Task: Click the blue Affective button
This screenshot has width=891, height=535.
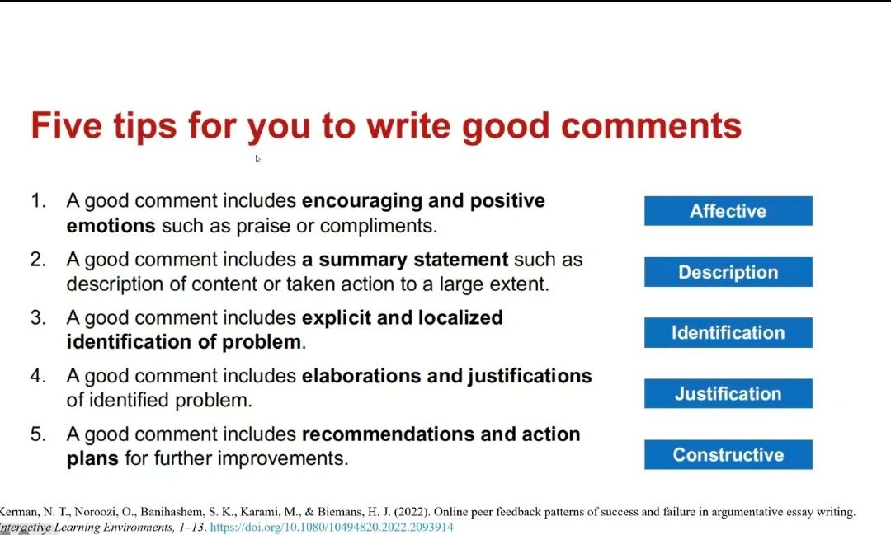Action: tap(728, 211)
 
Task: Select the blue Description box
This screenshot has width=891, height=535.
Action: tap(728, 272)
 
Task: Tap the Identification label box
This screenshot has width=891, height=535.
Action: tap(728, 333)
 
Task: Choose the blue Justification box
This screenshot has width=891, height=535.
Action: tap(728, 393)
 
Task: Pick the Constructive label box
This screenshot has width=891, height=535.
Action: tap(728, 454)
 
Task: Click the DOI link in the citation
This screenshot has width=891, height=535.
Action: tap(332, 527)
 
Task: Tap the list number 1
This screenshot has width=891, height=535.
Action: tap(38, 200)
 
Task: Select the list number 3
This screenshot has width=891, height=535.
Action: tap(38, 317)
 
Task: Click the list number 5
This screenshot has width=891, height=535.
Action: tap(38, 434)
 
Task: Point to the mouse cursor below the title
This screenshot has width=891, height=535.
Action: tap(257, 159)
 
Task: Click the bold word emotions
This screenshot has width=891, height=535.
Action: tap(111, 226)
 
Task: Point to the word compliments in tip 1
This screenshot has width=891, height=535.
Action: tap(379, 227)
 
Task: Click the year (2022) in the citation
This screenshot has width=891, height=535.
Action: tap(412, 512)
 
